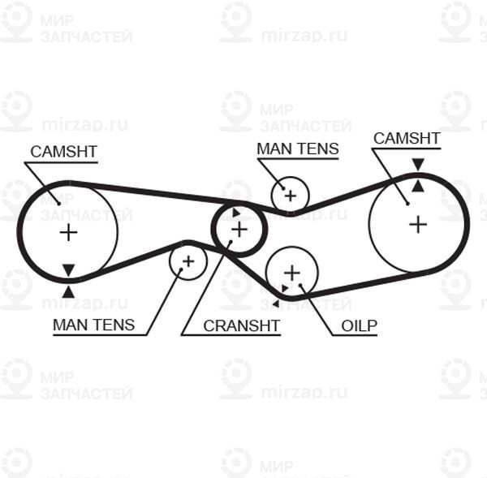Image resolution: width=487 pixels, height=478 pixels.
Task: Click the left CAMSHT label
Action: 63,151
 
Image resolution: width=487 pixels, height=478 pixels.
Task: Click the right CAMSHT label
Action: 407,138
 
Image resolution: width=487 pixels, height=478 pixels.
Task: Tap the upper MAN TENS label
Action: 297,149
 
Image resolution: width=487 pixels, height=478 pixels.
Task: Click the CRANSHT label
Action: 241,325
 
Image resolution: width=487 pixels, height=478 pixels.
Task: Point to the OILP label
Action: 359,325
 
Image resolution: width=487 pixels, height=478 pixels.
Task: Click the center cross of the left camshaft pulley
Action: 68,233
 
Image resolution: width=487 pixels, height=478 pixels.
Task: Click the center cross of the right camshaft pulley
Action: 417,223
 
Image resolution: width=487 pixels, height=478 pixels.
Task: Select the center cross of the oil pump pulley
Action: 291,272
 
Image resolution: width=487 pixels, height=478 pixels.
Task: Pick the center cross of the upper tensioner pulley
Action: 289,195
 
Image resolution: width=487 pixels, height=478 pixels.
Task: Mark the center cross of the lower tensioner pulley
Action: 188,261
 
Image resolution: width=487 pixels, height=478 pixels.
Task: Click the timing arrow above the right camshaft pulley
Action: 417,165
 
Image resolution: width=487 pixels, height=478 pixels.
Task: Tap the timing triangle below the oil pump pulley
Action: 276,304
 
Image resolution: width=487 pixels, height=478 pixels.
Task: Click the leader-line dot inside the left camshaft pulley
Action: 58,202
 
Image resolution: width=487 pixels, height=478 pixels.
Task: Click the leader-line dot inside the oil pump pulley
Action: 301,286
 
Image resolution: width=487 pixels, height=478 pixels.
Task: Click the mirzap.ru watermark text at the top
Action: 304,35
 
